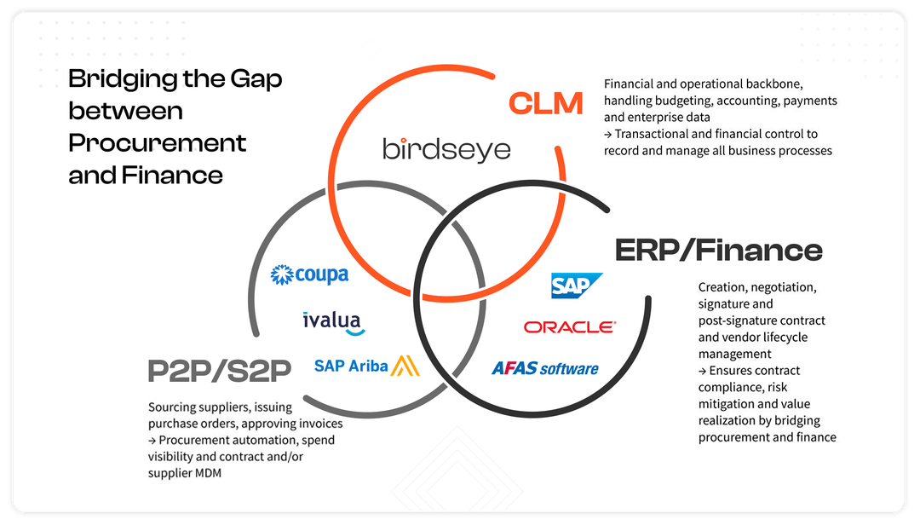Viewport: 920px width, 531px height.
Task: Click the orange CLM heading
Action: click(x=546, y=103)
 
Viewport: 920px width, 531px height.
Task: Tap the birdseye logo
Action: click(x=446, y=150)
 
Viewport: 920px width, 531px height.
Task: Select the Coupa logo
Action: click(x=309, y=274)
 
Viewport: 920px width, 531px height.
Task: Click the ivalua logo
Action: click(x=333, y=321)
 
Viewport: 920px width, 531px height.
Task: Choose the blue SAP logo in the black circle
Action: click(x=577, y=286)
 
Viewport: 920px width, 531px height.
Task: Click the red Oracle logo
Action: click(x=570, y=327)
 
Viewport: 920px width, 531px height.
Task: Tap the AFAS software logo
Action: click(x=545, y=368)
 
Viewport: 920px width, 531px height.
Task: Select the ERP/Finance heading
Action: click(x=718, y=250)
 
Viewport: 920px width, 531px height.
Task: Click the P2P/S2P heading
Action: click(x=220, y=370)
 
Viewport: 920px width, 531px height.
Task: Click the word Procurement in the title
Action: click(x=157, y=142)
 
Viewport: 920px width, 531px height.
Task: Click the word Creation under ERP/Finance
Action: click(x=722, y=287)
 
